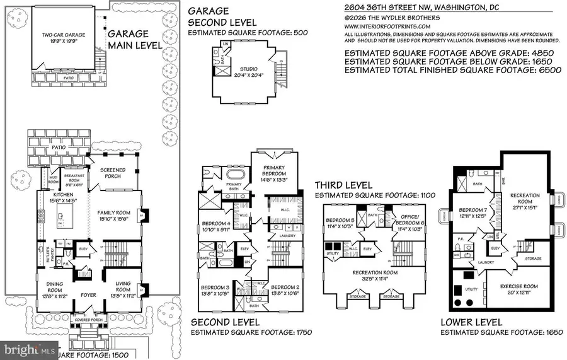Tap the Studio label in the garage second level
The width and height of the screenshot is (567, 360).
point(251,70)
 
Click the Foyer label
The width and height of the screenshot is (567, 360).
point(88,294)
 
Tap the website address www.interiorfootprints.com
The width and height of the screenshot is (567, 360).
point(387,27)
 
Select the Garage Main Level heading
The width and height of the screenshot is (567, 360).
point(132,40)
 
